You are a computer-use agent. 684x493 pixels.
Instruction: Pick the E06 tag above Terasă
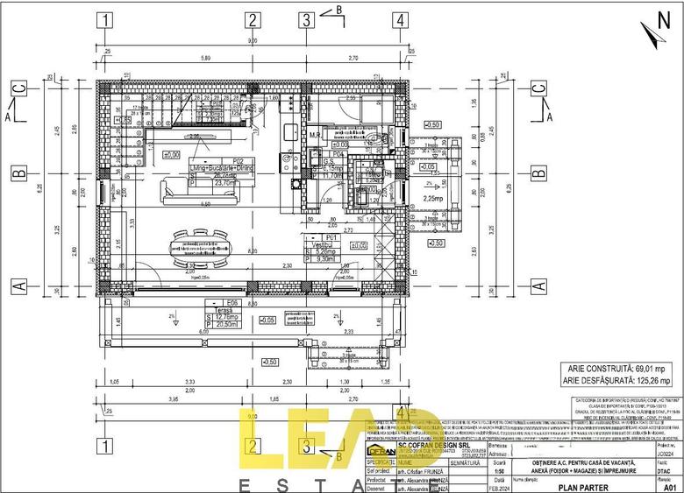[233, 302]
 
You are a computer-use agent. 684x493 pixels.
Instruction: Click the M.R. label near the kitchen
[314, 136]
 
